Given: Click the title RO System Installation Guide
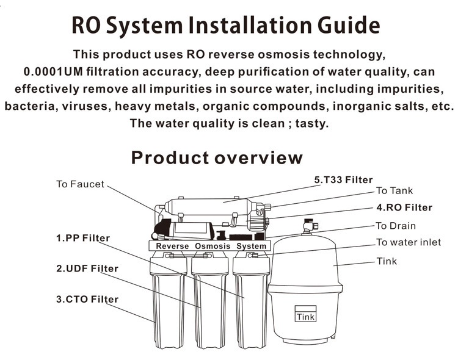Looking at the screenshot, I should point(226,25).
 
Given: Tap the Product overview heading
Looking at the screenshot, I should point(217,158).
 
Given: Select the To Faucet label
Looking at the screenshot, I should point(80,184).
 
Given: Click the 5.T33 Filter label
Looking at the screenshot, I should point(343,180).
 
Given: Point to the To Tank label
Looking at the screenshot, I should point(394,191).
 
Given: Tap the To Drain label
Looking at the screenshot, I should point(396,226).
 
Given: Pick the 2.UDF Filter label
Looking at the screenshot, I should point(87,268).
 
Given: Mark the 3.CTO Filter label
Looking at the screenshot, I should point(87,299).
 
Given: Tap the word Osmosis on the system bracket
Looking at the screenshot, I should point(213,246).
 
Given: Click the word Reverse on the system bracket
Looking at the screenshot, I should point(172,246).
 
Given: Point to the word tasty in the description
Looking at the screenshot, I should point(313,123).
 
